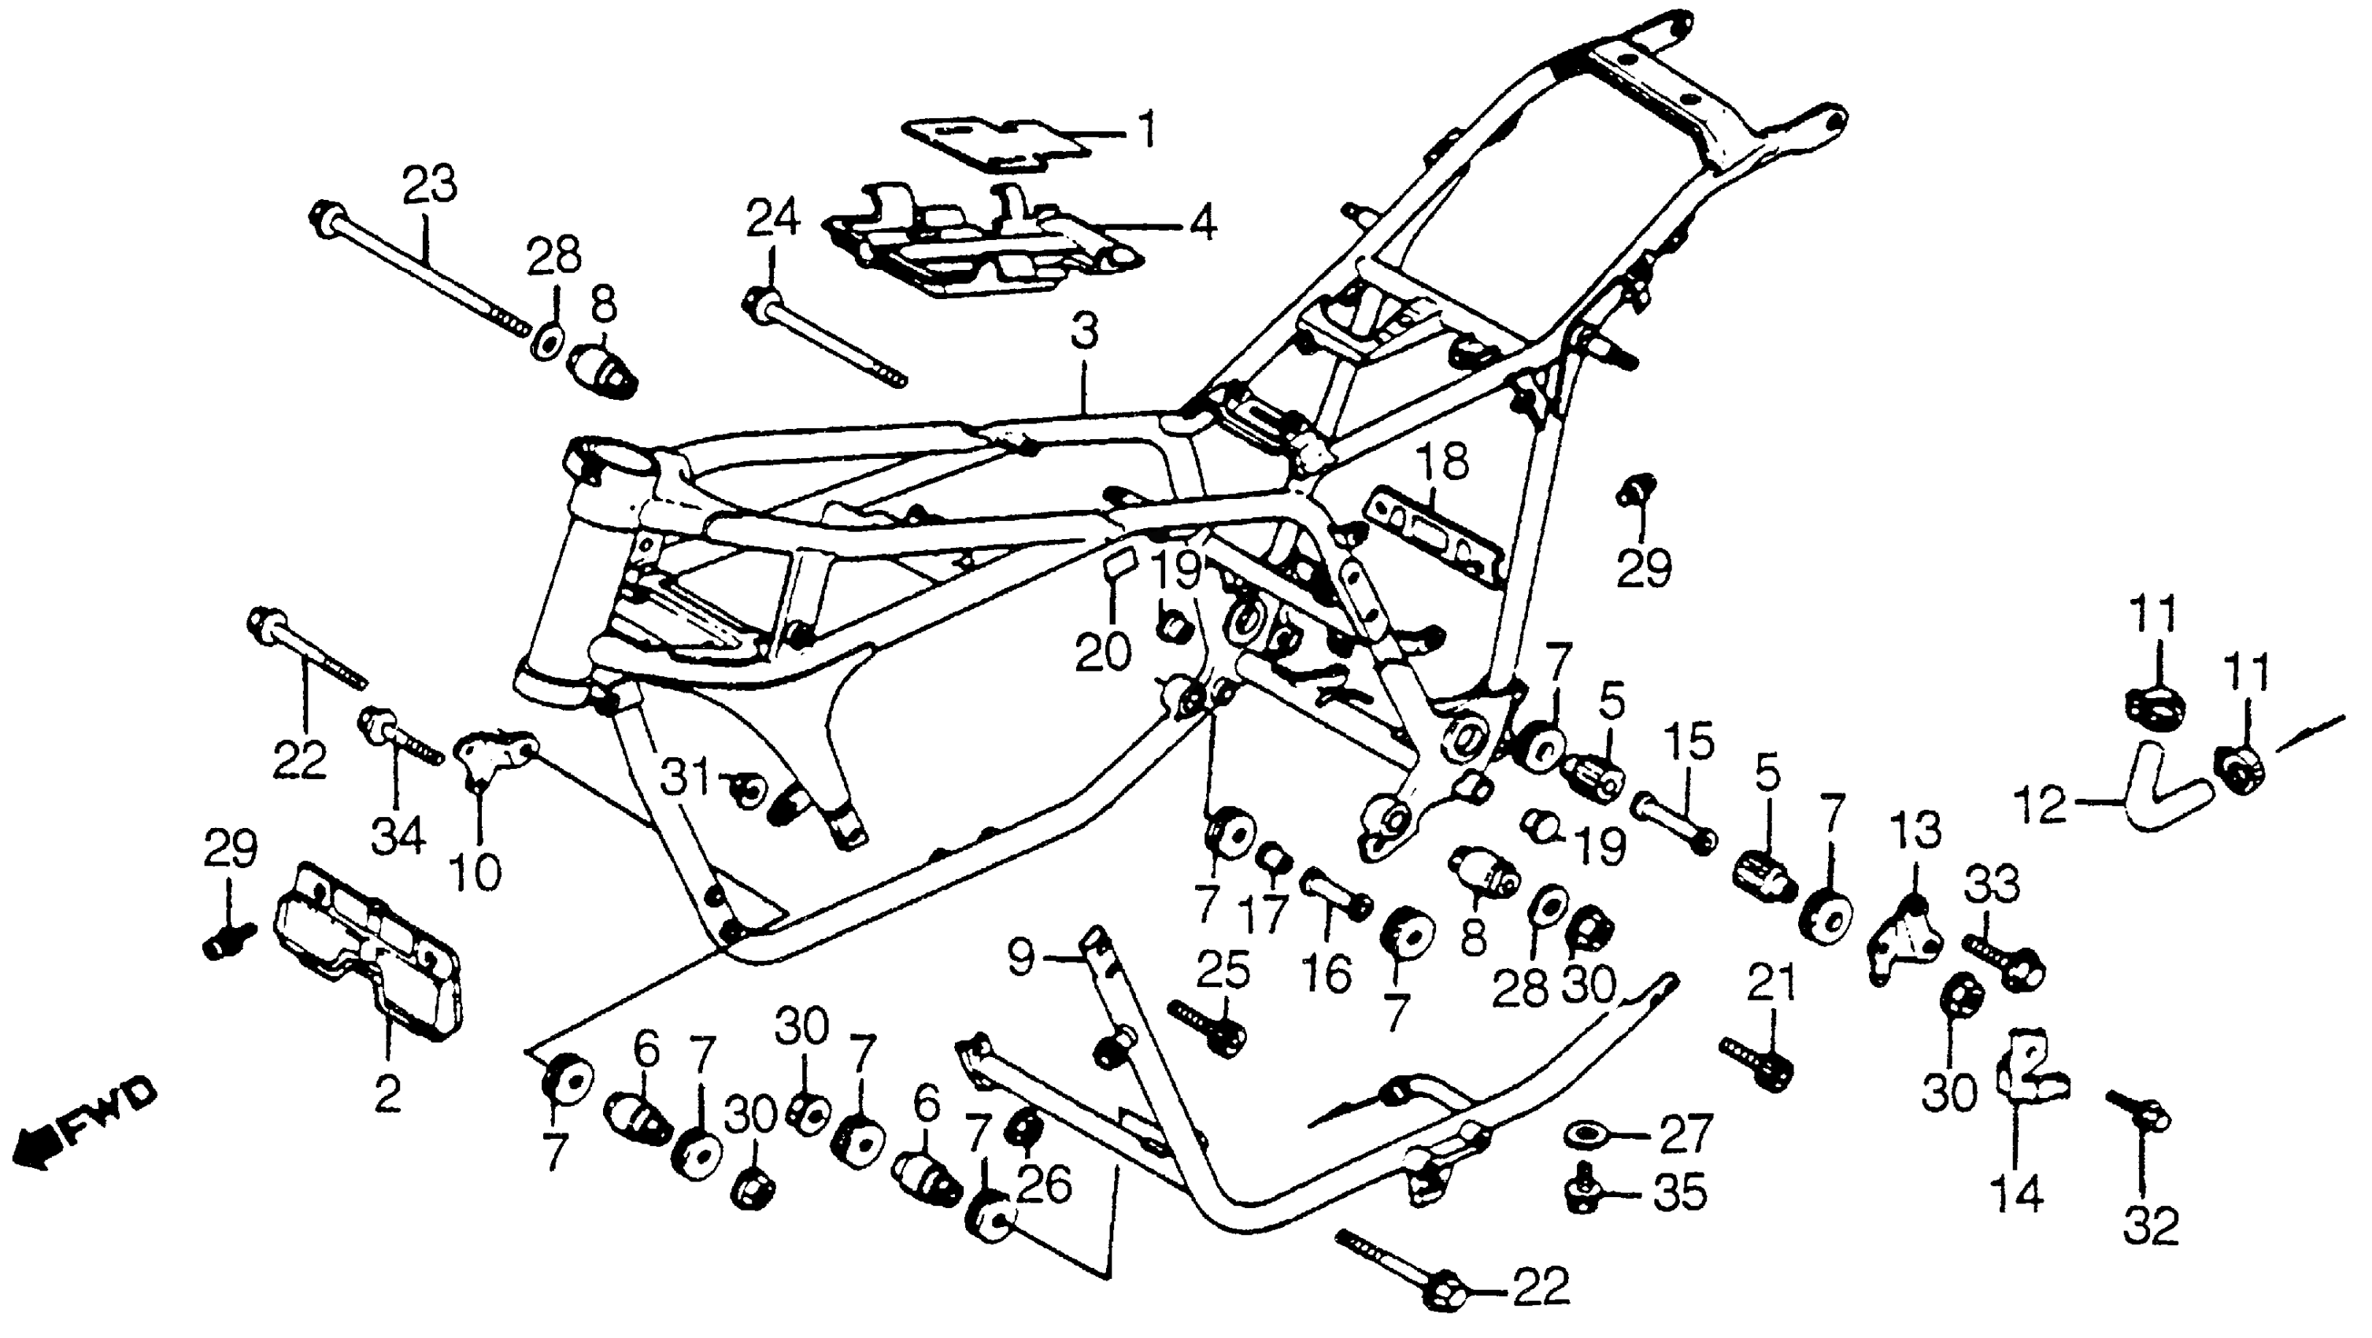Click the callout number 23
click(x=431, y=184)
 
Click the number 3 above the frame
click(x=1085, y=331)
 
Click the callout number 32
click(x=2151, y=1225)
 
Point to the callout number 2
click(x=387, y=1094)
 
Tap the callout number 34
click(x=398, y=835)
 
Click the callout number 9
click(x=1020, y=958)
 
